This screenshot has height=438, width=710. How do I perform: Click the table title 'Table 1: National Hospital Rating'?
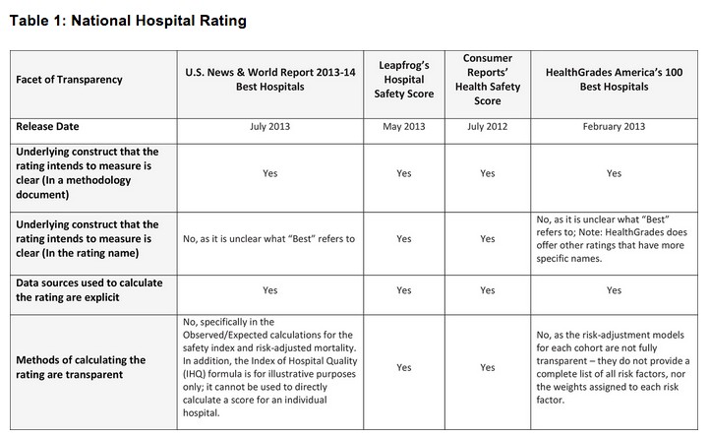point(128,20)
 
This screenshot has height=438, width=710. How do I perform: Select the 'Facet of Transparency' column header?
point(69,80)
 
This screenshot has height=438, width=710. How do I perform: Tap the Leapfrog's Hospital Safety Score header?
point(403,80)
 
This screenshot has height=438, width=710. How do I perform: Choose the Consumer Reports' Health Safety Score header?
point(488,80)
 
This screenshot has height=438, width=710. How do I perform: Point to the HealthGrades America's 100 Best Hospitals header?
point(614,80)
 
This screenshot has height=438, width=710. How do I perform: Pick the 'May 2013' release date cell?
point(403,127)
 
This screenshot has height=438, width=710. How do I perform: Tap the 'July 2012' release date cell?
point(488,127)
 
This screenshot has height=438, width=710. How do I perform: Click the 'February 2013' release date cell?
point(614,127)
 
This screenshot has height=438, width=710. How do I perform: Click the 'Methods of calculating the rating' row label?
point(81,367)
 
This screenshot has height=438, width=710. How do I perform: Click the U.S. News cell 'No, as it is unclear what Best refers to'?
point(269,239)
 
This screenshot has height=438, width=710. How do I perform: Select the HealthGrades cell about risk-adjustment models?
point(614,367)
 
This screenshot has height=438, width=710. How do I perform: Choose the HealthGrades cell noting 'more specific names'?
point(614,239)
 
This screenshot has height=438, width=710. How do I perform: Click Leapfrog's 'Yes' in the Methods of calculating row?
point(403,367)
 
